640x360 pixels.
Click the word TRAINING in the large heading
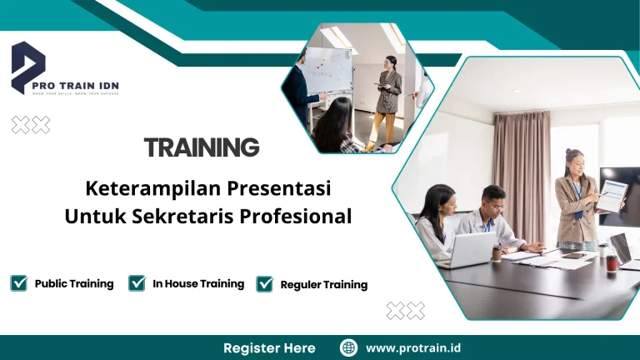click(x=202, y=147)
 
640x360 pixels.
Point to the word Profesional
click(x=296, y=216)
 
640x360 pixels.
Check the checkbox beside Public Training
click(x=18, y=283)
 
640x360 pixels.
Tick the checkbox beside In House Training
click(x=137, y=283)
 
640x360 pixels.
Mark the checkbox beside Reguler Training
click(x=265, y=284)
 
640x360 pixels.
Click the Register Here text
click(x=269, y=347)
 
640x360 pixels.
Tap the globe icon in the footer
click(x=349, y=347)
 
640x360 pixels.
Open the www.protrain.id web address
click(x=414, y=347)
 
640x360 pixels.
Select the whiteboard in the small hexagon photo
click(x=327, y=68)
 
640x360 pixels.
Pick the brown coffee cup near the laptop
click(x=497, y=252)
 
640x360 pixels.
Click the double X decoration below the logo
click(x=31, y=125)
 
